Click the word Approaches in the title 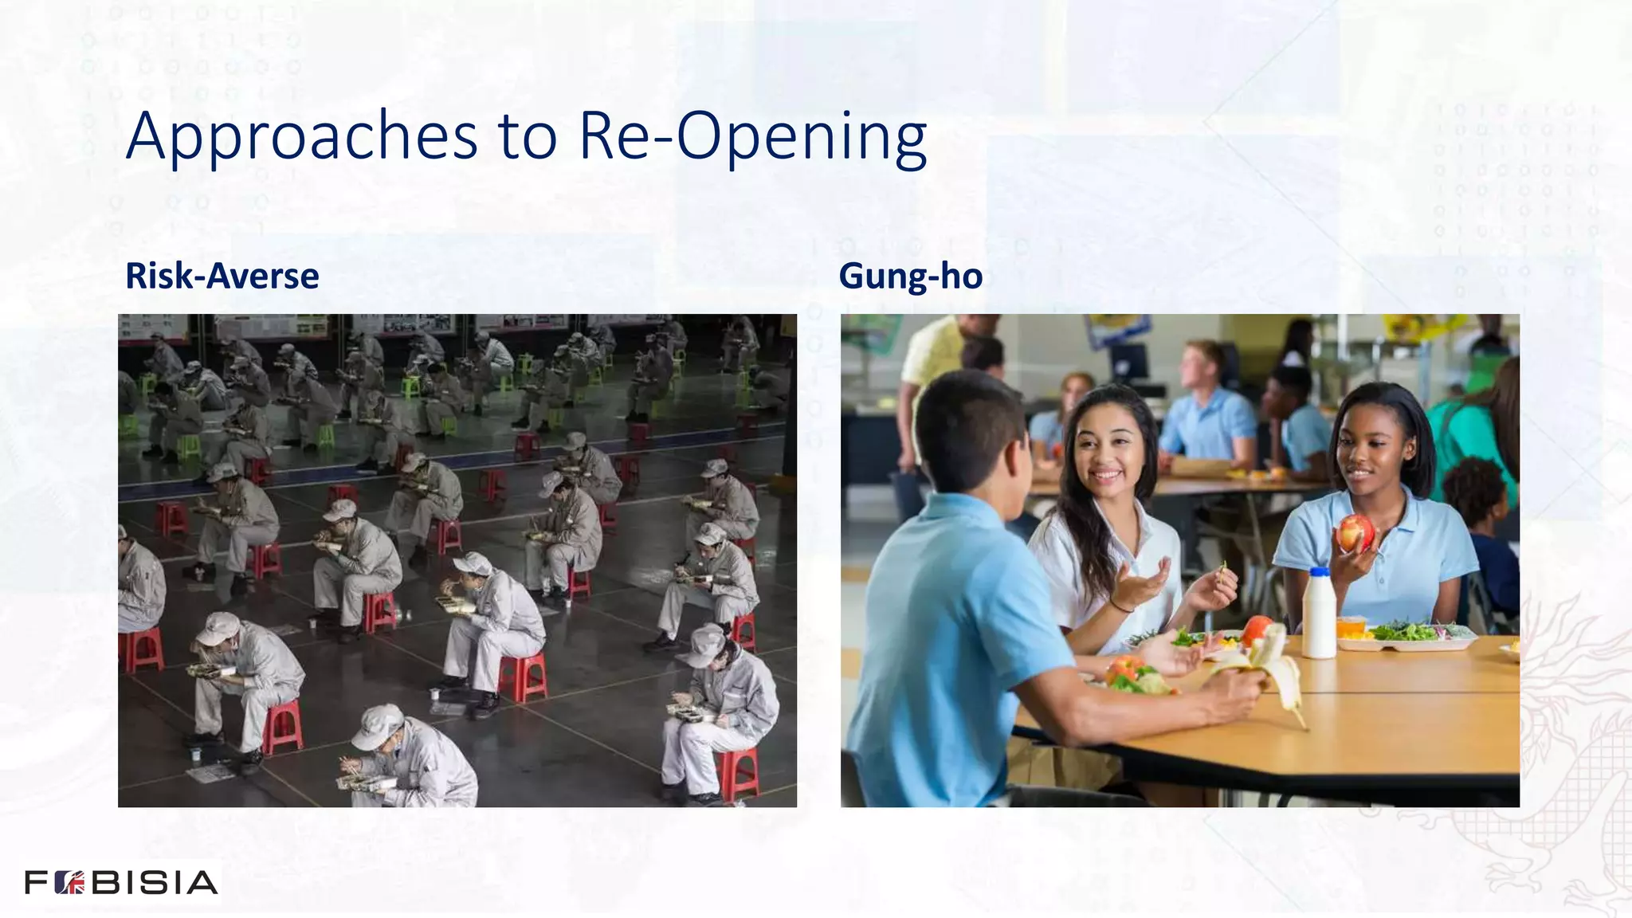pos(301,137)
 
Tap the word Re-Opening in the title pos(752,137)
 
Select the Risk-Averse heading pos(222,277)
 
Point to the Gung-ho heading pos(910,277)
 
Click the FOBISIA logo pos(121,882)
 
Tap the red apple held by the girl pos(1355,532)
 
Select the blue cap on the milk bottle pos(1319,572)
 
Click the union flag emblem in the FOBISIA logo pos(70,883)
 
